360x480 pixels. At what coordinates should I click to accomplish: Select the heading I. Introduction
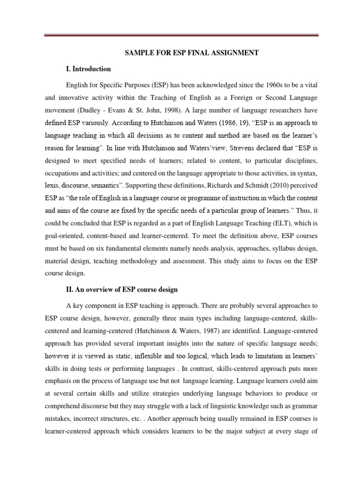[x=89, y=69]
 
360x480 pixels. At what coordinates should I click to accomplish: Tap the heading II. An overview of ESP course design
[x=122, y=290]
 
